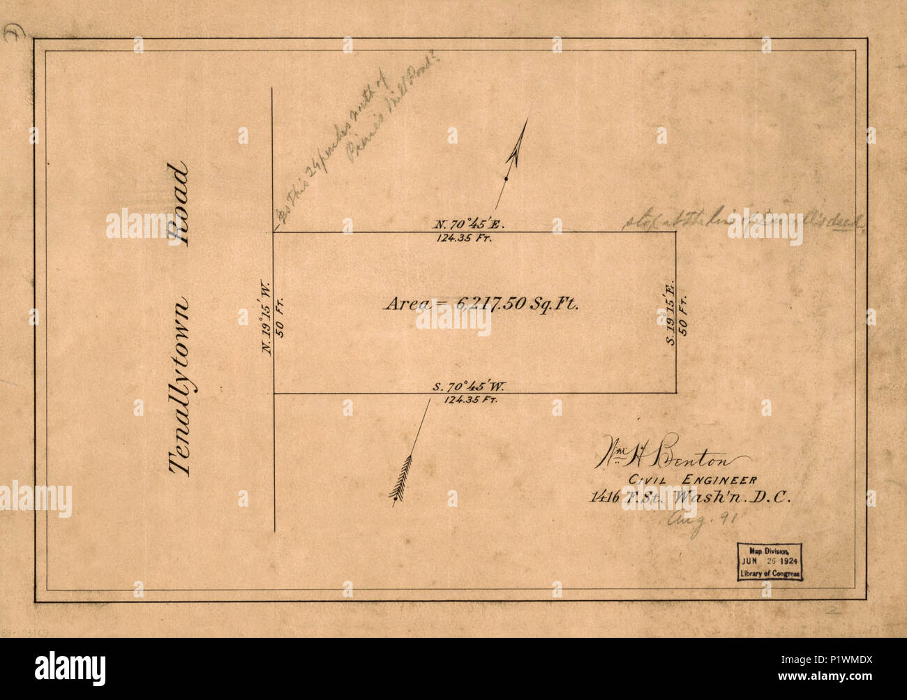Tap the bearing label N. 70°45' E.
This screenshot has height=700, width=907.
pyautogui.click(x=465, y=225)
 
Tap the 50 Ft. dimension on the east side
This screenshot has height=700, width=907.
pyautogui.click(x=684, y=315)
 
